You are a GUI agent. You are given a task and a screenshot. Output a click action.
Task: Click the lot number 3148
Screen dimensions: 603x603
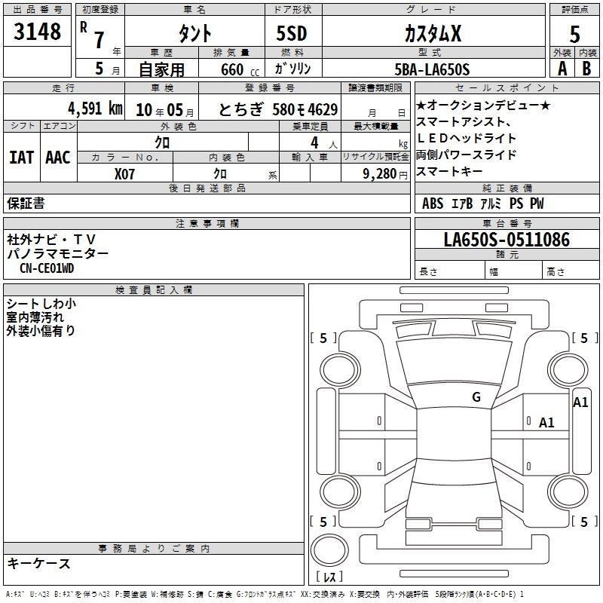click(37, 31)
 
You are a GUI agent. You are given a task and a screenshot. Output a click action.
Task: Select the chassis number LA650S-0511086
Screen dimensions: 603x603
click(507, 239)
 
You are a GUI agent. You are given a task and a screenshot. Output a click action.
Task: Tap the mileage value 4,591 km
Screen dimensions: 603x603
click(95, 109)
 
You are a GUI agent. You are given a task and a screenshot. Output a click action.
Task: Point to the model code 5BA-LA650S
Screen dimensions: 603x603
click(432, 69)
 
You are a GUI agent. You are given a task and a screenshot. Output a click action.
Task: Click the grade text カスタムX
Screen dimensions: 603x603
click(433, 33)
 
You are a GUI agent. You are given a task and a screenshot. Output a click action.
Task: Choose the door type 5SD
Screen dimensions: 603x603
click(292, 33)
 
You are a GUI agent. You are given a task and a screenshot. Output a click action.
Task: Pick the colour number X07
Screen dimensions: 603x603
click(124, 174)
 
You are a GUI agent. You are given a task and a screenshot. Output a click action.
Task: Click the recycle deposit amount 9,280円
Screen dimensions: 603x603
click(384, 174)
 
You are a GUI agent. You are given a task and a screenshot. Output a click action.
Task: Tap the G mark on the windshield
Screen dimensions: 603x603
click(476, 396)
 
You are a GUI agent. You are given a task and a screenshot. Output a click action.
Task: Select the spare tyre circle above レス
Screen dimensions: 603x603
click(329, 549)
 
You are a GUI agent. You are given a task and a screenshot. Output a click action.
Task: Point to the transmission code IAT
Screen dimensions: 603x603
click(21, 158)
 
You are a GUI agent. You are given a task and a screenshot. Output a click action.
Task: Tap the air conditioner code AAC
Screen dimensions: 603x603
click(58, 158)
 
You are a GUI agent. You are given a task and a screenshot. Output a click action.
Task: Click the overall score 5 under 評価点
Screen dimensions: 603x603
click(574, 34)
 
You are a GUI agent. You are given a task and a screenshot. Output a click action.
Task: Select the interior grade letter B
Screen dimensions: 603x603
click(586, 69)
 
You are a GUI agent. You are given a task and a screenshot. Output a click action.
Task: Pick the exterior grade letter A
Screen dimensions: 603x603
click(562, 69)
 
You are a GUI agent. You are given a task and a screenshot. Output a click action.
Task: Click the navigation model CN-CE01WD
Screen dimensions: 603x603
click(47, 268)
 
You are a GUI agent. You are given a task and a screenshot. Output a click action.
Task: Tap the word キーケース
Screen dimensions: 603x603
click(39, 563)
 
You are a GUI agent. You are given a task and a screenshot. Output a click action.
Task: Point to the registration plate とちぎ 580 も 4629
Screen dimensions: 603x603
click(278, 109)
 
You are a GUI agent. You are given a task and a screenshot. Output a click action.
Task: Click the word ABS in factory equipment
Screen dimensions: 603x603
click(432, 204)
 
